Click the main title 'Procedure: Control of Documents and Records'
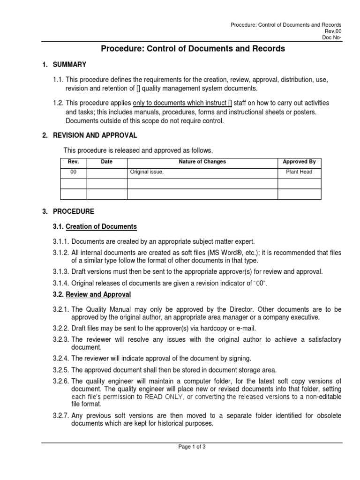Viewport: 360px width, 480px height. [x=193, y=48]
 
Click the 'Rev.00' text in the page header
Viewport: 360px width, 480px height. [x=334, y=31]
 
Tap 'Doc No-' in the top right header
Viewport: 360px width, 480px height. [x=332, y=38]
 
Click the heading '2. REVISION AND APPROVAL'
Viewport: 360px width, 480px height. [x=90, y=135]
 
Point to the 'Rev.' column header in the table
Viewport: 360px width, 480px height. [x=74, y=162]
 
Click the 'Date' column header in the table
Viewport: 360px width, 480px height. [x=107, y=162]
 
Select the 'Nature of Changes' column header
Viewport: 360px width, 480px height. [x=202, y=162]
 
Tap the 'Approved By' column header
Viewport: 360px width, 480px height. [x=299, y=162]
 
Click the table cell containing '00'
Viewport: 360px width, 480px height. [x=74, y=172]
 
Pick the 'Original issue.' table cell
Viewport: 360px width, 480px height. [x=147, y=172]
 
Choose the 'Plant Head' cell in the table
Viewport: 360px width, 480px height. [x=299, y=172]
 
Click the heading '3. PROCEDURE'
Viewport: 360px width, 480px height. [x=68, y=211]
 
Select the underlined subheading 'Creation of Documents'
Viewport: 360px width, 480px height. [x=101, y=227]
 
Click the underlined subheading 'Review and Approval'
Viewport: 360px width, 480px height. [x=98, y=294]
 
